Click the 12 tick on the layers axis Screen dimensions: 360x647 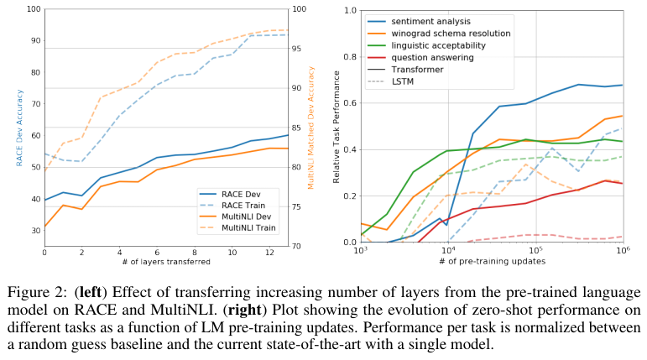pos(269,253)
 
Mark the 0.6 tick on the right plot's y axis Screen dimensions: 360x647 pos(351,103)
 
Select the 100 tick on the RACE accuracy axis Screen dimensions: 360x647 pos(33,9)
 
